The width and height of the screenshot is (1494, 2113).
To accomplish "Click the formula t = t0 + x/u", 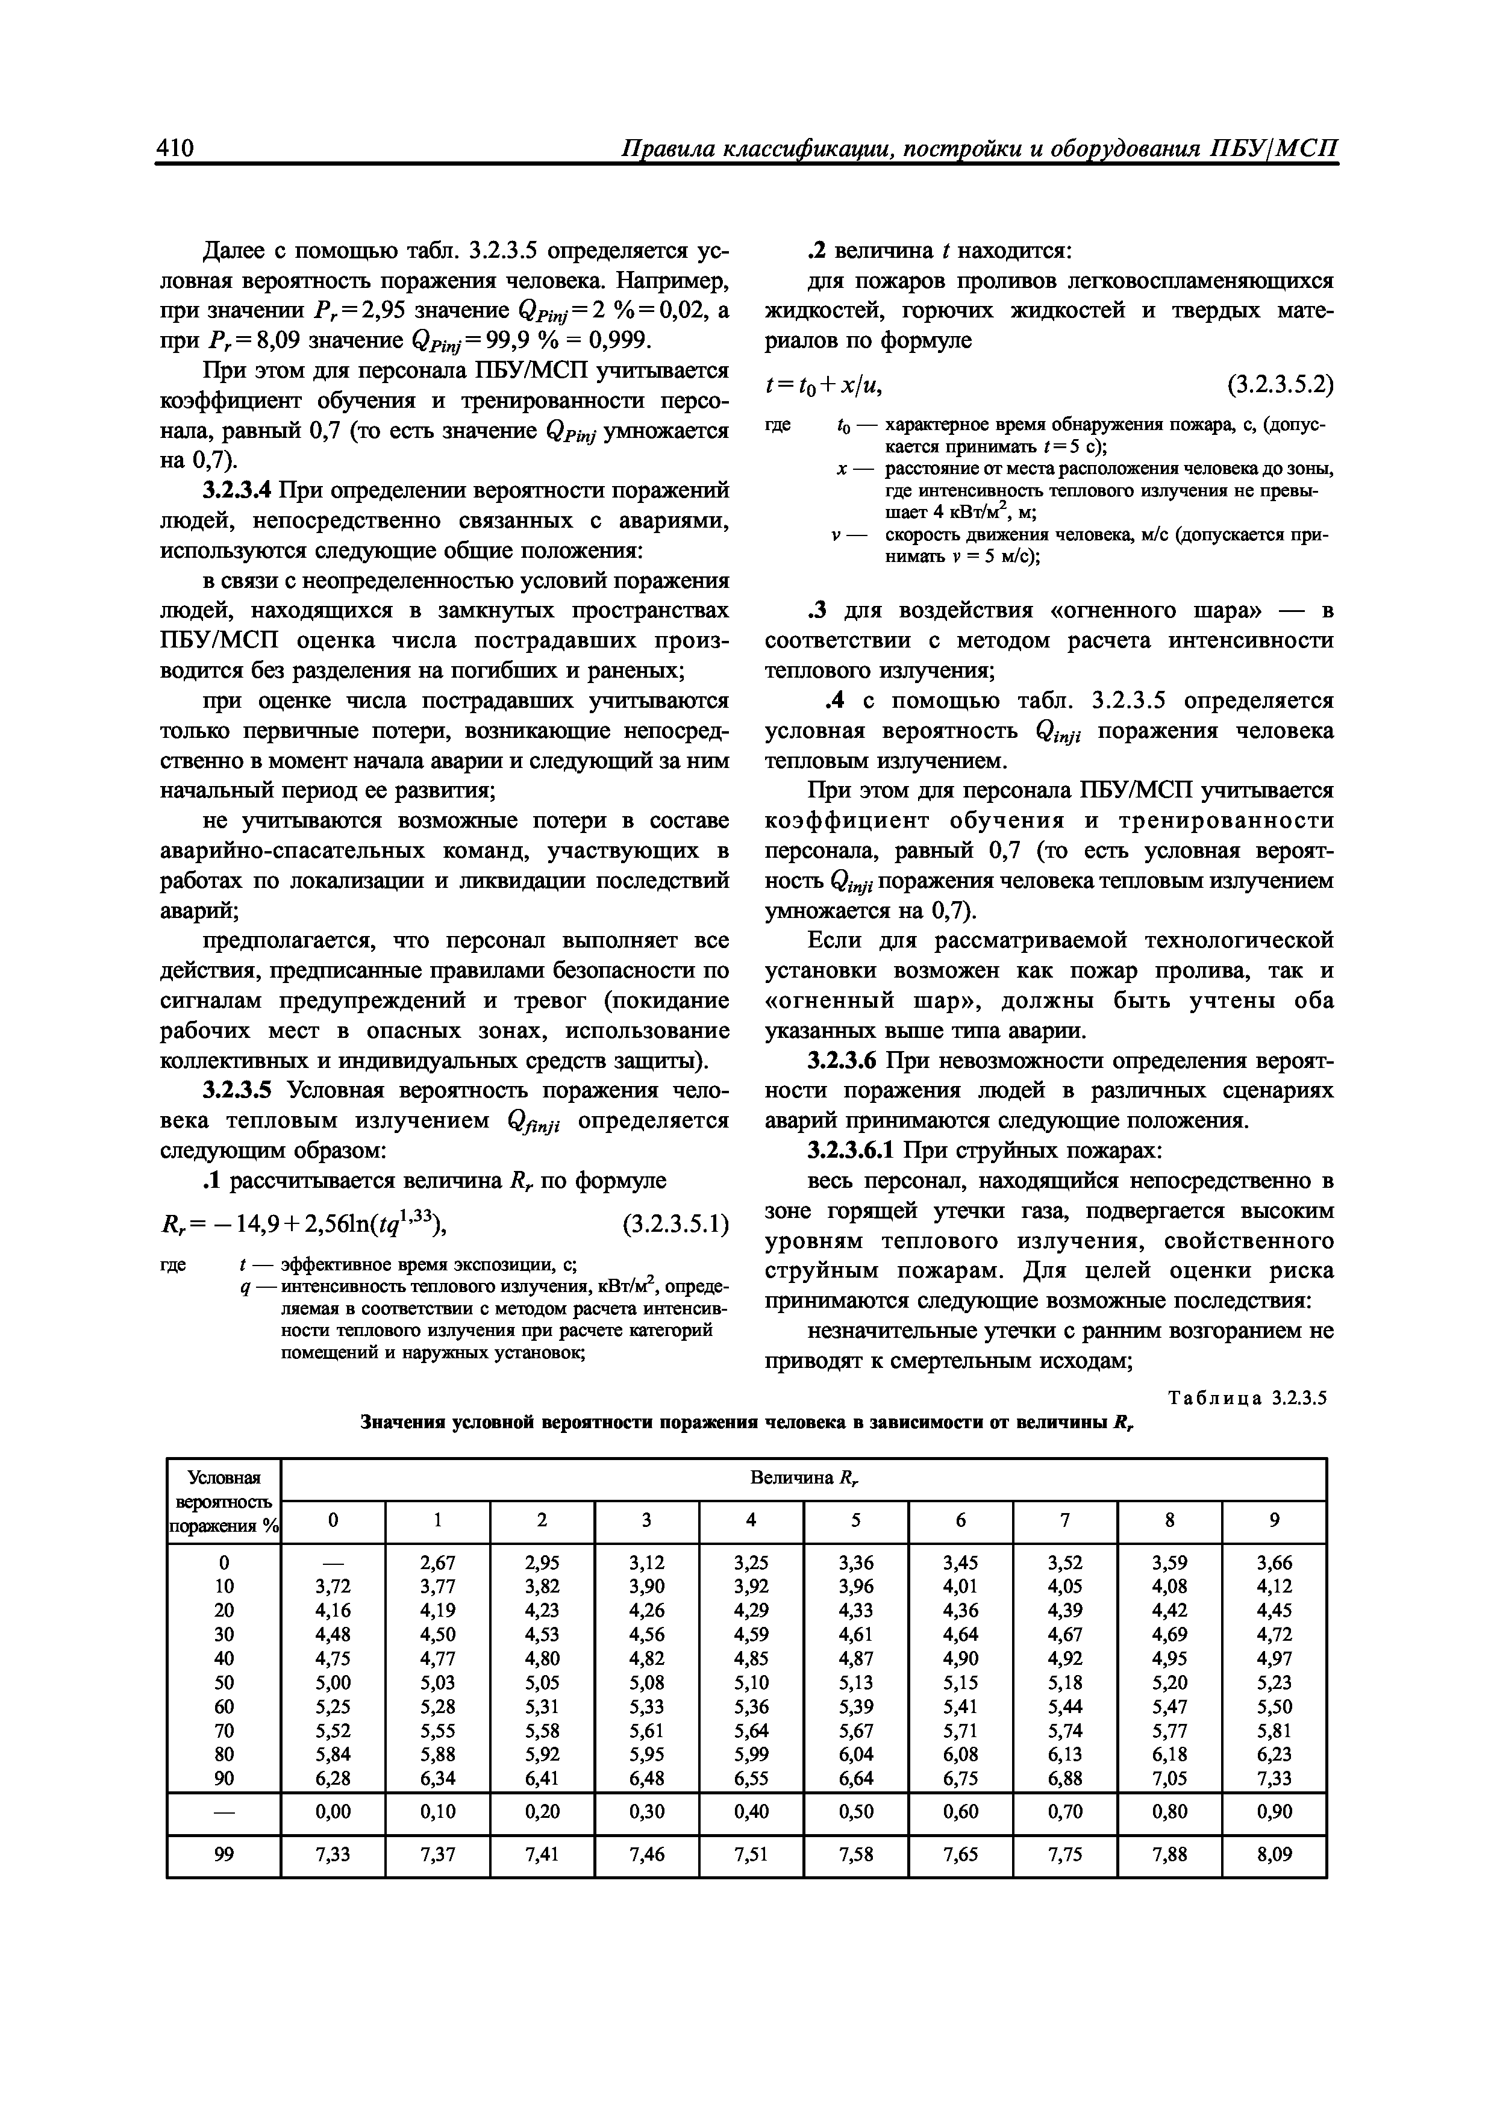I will point(823,385).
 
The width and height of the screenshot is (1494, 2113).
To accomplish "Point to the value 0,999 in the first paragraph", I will point(619,340).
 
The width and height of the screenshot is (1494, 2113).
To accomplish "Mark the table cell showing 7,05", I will point(1169,1778).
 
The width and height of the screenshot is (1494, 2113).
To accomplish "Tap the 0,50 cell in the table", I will point(855,1811).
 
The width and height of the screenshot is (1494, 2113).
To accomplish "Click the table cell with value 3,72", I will point(333,1587).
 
